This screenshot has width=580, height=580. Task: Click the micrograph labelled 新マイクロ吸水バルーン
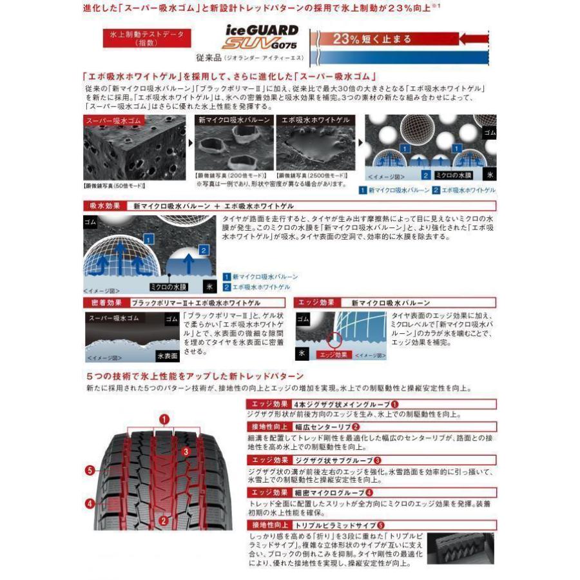[x=233, y=146]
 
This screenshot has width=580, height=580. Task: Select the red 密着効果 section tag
[x=104, y=302]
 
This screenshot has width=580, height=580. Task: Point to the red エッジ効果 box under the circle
[x=333, y=355]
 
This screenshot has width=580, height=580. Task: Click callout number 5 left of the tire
[x=90, y=470]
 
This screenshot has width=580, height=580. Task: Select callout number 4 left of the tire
[x=90, y=503]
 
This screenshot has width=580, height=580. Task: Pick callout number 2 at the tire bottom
[x=164, y=521]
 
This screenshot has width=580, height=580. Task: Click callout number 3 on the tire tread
[x=185, y=452]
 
